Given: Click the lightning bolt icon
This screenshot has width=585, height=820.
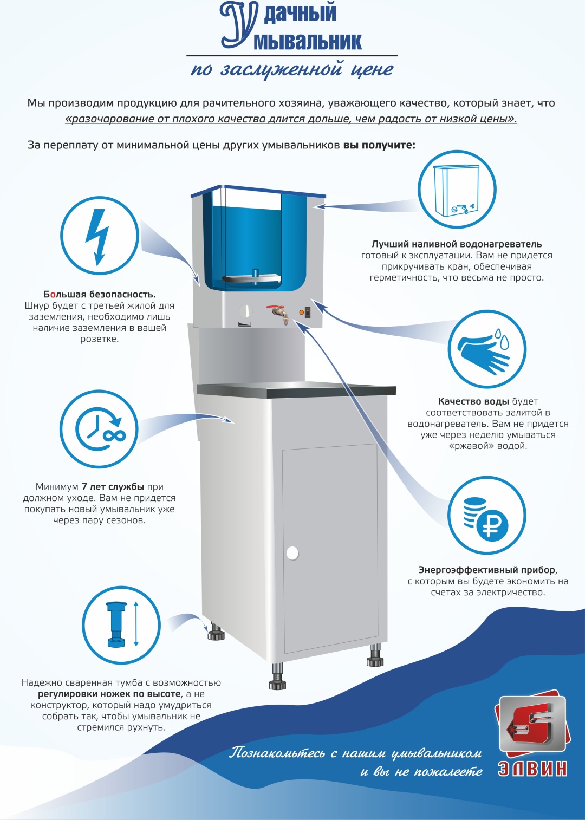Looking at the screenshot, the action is click(97, 237).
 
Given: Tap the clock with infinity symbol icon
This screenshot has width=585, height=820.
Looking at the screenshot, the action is click(101, 428).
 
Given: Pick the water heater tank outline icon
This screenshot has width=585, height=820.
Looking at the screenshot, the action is click(456, 190).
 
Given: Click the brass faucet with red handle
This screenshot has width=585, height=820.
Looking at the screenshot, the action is click(279, 314).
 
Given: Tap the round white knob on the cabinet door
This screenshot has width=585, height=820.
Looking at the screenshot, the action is click(292, 553).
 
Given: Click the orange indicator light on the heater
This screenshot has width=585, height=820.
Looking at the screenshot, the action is click(301, 313).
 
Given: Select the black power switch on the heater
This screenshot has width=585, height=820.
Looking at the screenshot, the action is click(308, 313).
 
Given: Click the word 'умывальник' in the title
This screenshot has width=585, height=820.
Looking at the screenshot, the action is click(308, 41).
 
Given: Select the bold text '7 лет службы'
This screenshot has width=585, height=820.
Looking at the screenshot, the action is click(113, 486).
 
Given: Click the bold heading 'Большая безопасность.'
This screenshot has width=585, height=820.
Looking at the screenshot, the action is click(100, 294).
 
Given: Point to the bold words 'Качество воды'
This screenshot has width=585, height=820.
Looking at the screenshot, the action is click(473, 401).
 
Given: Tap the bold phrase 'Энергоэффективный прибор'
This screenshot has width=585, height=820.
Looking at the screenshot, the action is click(487, 570).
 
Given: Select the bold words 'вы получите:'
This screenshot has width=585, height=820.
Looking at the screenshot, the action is click(379, 145).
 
